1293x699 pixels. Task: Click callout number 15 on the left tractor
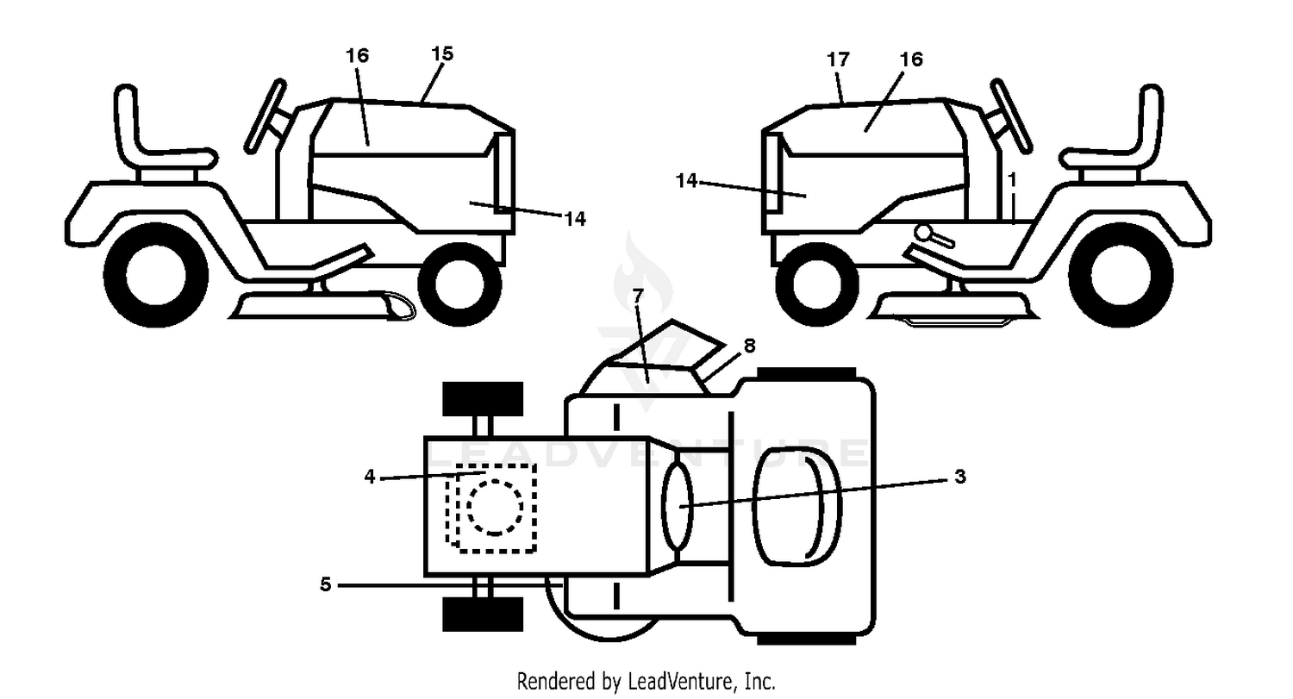(x=442, y=53)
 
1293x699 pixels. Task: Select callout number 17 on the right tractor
(x=838, y=59)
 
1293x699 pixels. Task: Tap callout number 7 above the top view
(x=637, y=296)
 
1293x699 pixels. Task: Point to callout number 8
(x=749, y=346)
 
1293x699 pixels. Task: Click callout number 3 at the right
(x=960, y=476)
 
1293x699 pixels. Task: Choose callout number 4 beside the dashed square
(x=370, y=476)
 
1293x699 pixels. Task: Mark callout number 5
(x=326, y=584)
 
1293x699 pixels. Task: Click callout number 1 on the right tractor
(x=1012, y=180)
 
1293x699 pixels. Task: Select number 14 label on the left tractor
(x=574, y=219)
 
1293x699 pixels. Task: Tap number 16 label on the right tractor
(x=911, y=59)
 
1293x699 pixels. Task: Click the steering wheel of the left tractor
(x=265, y=116)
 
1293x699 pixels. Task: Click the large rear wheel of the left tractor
(x=156, y=275)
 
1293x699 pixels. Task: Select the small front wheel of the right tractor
(x=817, y=284)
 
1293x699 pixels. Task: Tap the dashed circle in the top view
(x=495, y=508)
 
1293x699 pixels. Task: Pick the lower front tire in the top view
(x=483, y=615)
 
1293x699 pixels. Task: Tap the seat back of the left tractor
(x=127, y=122)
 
